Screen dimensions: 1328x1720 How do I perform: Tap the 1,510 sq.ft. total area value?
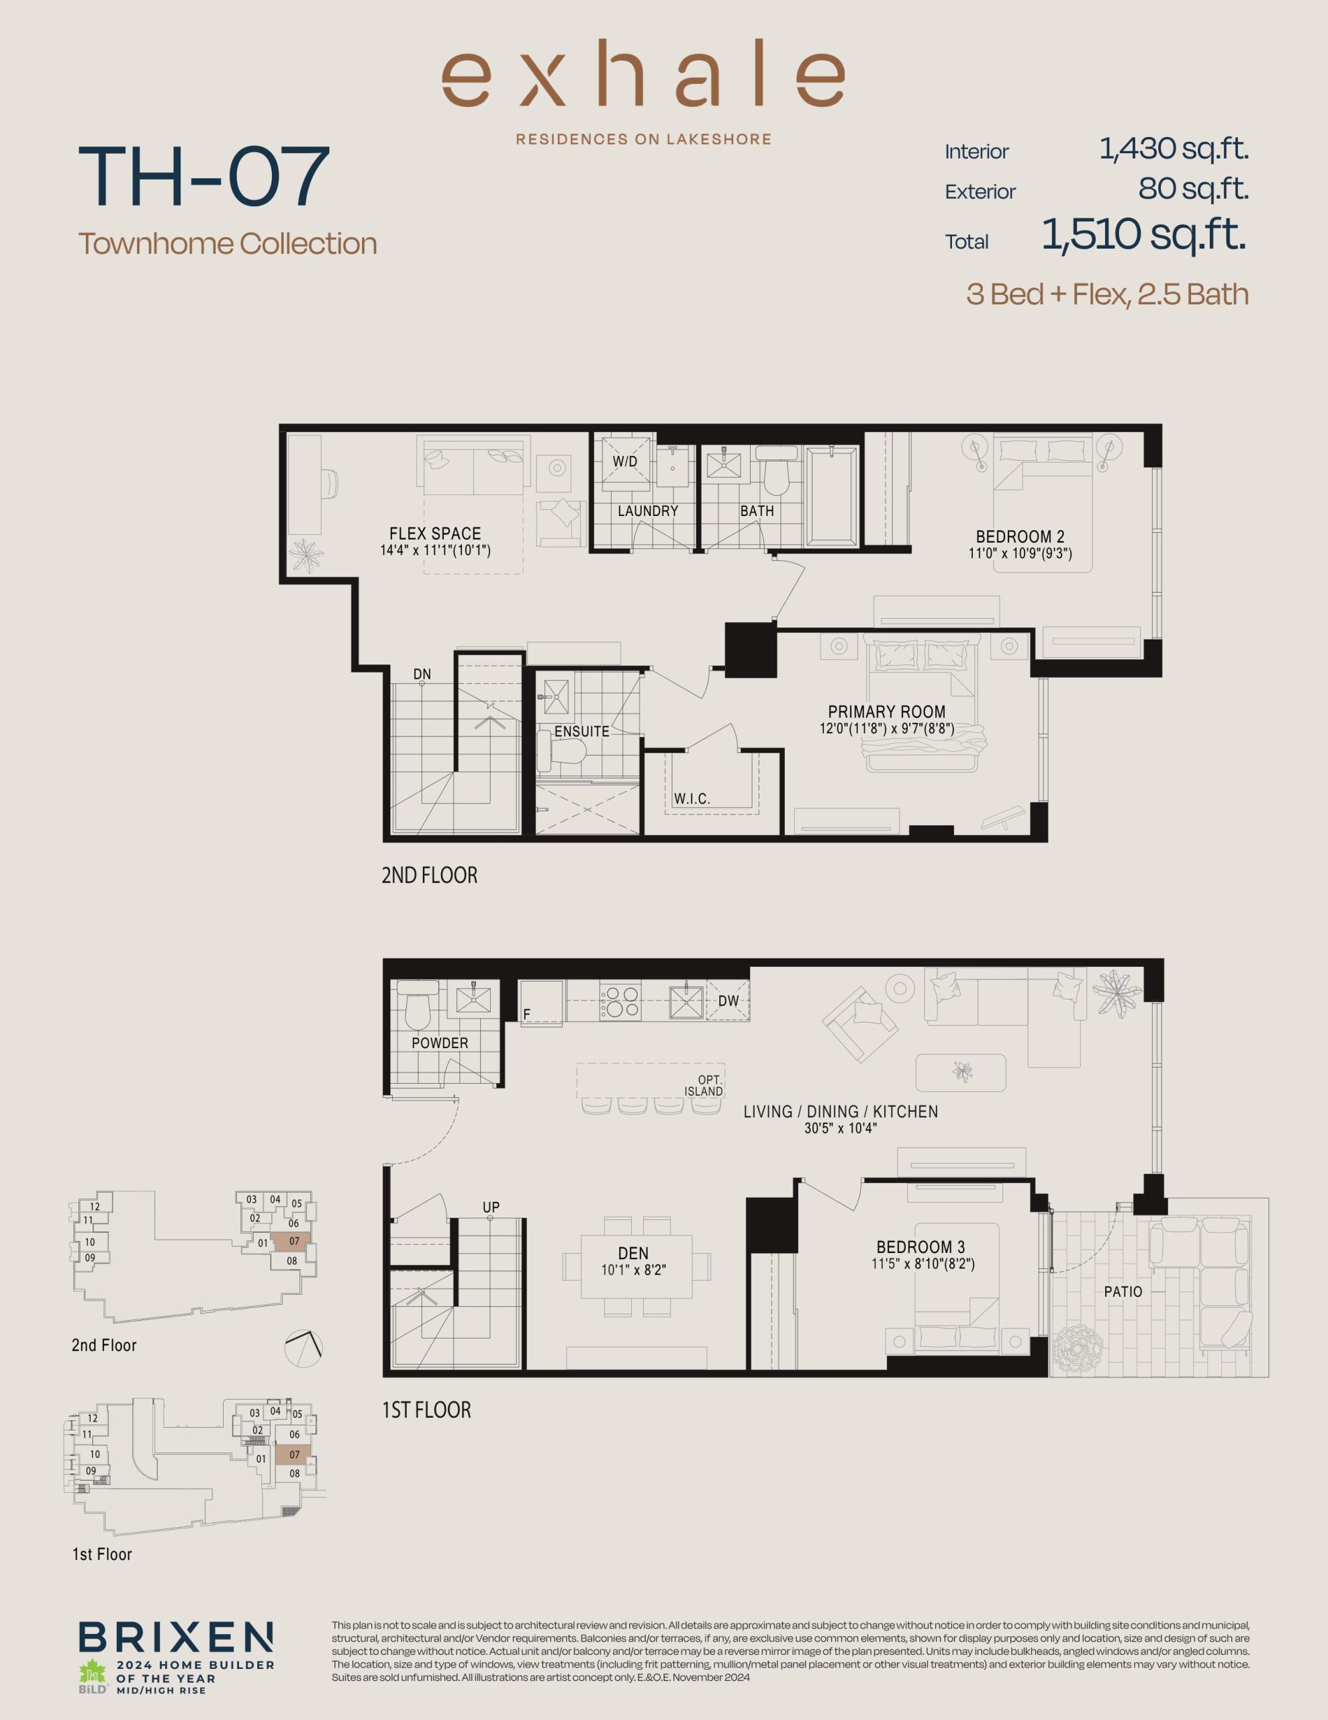click(1144, 234)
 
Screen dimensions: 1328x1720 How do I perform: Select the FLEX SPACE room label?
click(435, 533)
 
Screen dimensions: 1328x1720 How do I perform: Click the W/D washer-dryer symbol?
click(625, 462)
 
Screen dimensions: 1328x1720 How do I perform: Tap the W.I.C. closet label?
click(692, 799)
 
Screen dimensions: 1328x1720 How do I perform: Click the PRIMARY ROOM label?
click(886, 711)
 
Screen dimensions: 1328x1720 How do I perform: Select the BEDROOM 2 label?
click(1021, 537)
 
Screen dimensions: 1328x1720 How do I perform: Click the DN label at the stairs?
click(422, 674)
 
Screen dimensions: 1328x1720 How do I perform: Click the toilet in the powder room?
click(416, 1004)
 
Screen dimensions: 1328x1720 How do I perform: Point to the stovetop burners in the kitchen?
click(620, 1001)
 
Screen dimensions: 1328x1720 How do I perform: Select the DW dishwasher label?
click(729, 1001)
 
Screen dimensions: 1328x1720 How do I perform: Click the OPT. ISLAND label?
click(704, 1086)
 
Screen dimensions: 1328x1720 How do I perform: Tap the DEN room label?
click(634, 1253)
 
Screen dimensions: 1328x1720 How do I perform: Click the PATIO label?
click(1123, 1291)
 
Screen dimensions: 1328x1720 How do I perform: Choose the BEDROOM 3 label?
click(920, 1247)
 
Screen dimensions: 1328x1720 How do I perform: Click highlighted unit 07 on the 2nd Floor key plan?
click(291, 1241)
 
